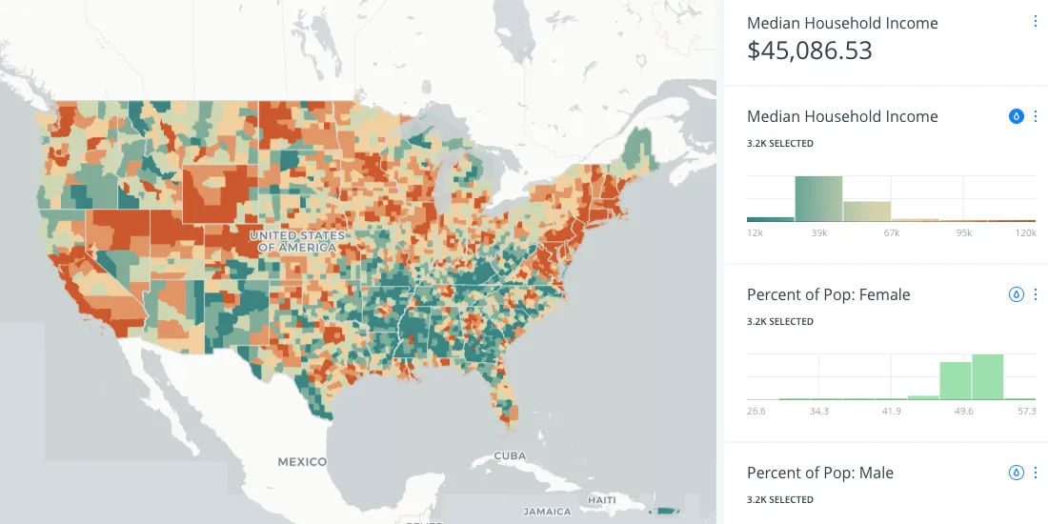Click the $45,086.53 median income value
click(x=809, y=51)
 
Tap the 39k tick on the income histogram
click(x=818, y=232)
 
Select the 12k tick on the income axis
click(x=756, y=232)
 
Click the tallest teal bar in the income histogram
click(x=818, y=198)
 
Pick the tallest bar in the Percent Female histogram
click(x=987, y=376)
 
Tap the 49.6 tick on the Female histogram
click(x=957, y=411)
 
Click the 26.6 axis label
click(x=757, y=411)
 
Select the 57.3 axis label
click(x=1024, y=411)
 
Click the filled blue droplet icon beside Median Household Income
click(x=1016, y=116)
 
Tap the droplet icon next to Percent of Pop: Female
click(x=1016, y=294)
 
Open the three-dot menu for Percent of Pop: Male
click(x=1036, y=473)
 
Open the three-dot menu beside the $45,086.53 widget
click(x=1036, y=21)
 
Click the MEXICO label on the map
click(x=302, y=461)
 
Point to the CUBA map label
click(x=510, y=456)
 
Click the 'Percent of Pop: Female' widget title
click(x=828, y=294)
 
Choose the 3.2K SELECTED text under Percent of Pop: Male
click(x=779, y=499)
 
